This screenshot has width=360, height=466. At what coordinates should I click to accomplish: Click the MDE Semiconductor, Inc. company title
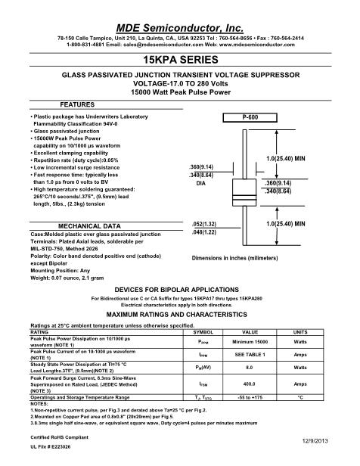179,21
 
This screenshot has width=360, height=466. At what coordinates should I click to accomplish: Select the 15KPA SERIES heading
180,59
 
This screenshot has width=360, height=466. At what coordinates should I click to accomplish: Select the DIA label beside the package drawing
200,184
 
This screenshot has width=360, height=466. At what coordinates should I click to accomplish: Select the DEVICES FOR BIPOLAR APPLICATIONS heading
179,289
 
